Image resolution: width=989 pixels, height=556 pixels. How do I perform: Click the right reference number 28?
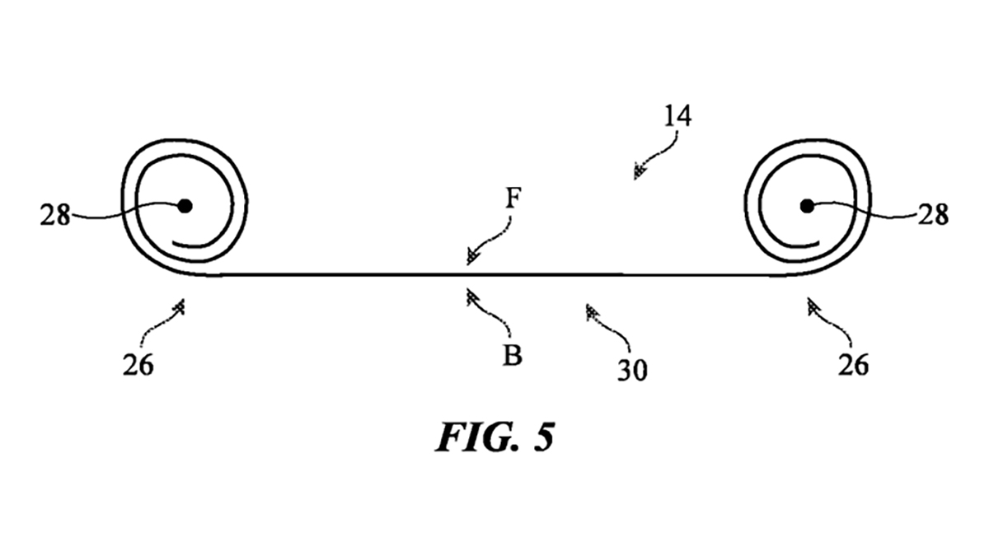point(933,216)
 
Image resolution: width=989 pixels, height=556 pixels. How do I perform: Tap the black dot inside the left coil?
point(185,205)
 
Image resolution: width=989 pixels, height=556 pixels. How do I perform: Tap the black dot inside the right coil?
point(805,205)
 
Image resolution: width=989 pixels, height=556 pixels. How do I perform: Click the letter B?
point(512,357)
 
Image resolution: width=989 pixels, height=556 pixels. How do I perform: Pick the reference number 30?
point(632,370)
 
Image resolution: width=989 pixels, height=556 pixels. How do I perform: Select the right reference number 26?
point(853,363)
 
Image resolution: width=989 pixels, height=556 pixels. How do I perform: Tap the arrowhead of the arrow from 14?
point(638,172)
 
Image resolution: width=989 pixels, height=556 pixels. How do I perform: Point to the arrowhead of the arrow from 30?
point(590,311)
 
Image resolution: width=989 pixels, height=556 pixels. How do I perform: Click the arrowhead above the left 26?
point(179,306)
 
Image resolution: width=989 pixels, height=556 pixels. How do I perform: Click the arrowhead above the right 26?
point(813,306)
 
